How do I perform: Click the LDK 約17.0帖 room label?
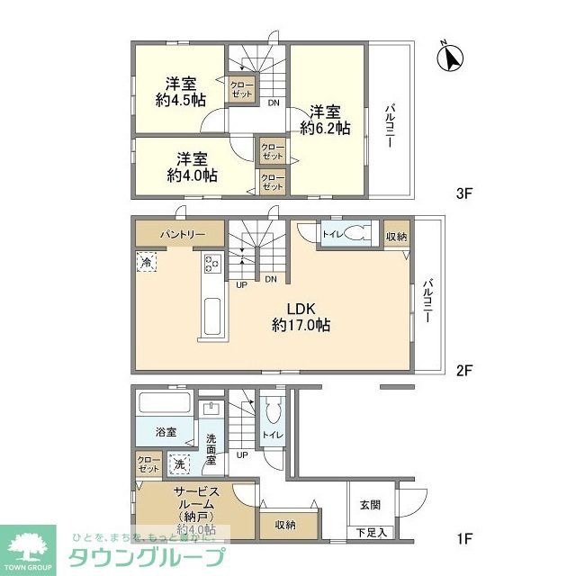pos(301,315)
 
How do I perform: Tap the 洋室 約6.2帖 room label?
pos(326,120)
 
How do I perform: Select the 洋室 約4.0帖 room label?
pos(191,166)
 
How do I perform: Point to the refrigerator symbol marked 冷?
pos(147,262)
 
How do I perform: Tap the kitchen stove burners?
pos(213,263)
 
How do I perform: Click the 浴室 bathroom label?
pos(164,432)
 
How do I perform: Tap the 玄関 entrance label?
pos(369,505)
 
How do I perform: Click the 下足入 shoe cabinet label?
pos(369,533)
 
